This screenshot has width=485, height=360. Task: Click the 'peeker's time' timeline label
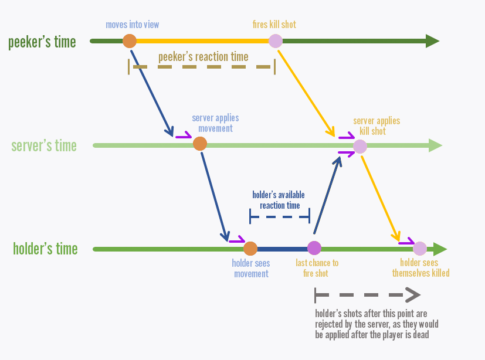click(42, 42)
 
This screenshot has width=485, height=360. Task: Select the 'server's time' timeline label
click(44, 145)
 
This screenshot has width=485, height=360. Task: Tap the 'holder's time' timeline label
click(45, 249)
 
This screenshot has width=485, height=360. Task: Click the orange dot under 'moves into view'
click(130, 41)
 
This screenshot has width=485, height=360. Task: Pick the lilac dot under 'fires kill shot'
click(275, 41)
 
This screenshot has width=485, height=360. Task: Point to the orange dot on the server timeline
click(200, 144)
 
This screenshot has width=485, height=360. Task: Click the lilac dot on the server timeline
click(359, 146)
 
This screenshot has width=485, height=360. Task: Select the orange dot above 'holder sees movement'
click(250, 249)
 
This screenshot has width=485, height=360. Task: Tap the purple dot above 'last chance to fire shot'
click(314, 249)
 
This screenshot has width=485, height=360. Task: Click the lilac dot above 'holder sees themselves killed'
click(419, 249)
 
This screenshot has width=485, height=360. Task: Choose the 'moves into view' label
click(133, 25)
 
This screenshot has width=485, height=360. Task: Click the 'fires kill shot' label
click(274, 25)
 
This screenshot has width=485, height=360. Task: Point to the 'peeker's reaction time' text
click(203, 57)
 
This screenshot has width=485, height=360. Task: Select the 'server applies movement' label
click(215, 123)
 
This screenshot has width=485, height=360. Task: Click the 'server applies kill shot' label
click(377, 125)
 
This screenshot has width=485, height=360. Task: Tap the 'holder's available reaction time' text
click(279, 200)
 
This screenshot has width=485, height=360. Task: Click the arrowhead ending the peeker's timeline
click(432, 41)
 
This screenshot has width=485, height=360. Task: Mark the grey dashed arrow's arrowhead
click(413, 294)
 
